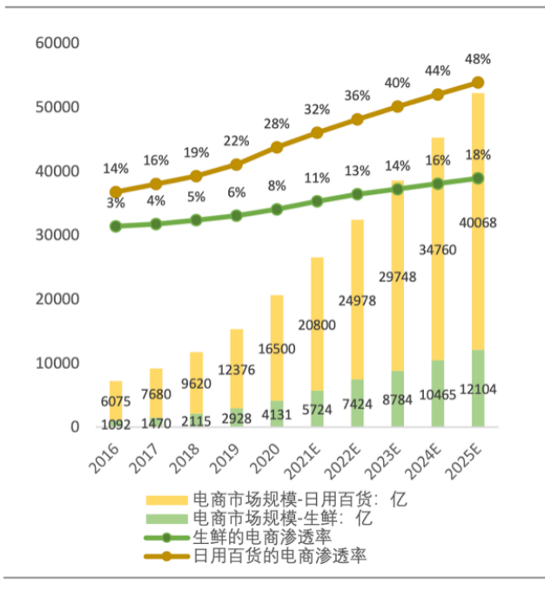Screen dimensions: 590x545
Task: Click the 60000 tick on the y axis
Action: click(x=57, y=44)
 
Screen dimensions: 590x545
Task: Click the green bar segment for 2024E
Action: click(x=438, y=393)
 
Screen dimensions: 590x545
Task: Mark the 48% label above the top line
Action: click(x=478, y=59)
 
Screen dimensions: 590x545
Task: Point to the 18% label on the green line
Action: click(x=478, y=155)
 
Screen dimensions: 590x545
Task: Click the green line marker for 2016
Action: click(x=116, y=226)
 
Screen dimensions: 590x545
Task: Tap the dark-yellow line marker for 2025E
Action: click(x=478, y=83)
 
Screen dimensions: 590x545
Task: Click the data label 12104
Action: click(x=478, y=390)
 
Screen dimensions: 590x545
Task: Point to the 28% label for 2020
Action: click(x=277, y=124)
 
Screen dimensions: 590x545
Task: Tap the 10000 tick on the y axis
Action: click(x=57, y=363)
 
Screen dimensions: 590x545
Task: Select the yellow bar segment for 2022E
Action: click(x=357, y=296)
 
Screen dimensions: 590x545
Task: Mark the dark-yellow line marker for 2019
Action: click(x=237, y=164)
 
